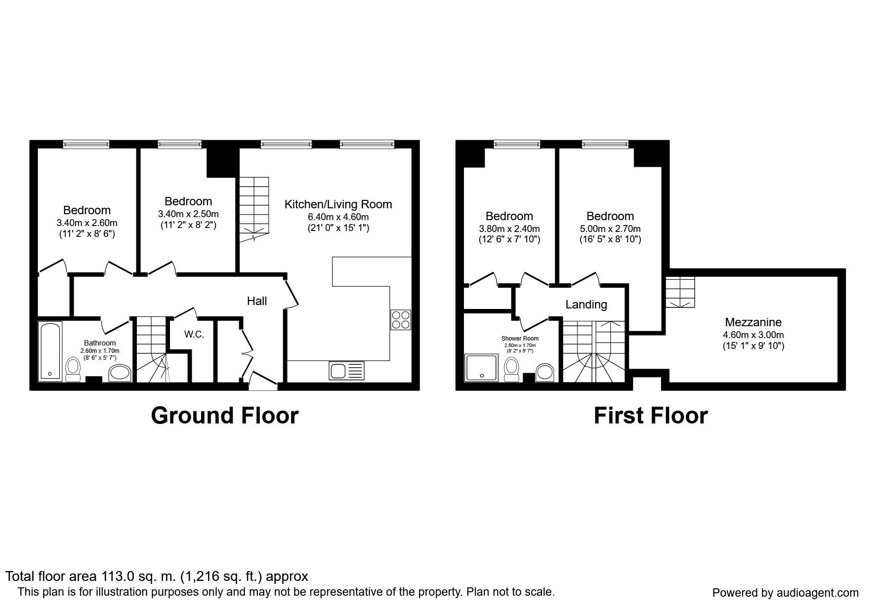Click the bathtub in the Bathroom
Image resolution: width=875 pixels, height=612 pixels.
[x=50, y=351]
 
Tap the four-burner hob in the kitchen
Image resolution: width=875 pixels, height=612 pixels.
[x=400, y=319]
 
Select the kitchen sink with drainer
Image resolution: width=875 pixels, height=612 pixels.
[x=346, y=371]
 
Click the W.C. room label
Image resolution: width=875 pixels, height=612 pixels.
[x=194, y=334]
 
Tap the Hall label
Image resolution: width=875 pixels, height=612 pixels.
[x=257, y=301]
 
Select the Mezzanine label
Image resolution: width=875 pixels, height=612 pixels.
[x=753, y=322]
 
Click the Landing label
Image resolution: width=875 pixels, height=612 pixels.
[x=586, y=305]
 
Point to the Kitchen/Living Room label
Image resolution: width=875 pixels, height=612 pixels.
[x=338, y=204]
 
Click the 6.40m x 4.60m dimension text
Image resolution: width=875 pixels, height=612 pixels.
[x=338, y=217]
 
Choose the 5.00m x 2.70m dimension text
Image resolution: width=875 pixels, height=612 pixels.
[x=610, y=229]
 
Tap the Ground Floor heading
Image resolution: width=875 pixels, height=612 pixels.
[x=225, y=416]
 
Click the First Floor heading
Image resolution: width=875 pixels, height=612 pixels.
[x=651, y=416]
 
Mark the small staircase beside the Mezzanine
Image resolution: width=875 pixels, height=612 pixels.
[x=680, y=292]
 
